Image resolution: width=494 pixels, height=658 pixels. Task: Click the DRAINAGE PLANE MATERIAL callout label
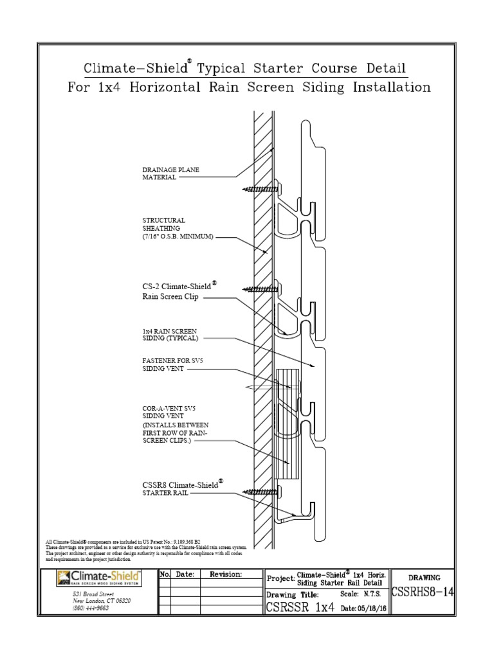(x=170, y=173)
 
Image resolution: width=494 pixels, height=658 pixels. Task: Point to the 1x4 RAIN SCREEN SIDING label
(x=170, y=334)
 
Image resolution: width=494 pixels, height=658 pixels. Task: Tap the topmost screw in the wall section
(x=257, y=189)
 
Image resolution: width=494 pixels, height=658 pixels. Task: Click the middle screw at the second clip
(x=257, y=289)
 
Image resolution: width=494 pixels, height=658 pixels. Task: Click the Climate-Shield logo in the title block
(x=98, y=576)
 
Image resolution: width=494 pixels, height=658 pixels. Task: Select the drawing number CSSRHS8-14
(x=422, y=592)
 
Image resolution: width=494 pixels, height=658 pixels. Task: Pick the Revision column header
(x=226, y=574)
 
